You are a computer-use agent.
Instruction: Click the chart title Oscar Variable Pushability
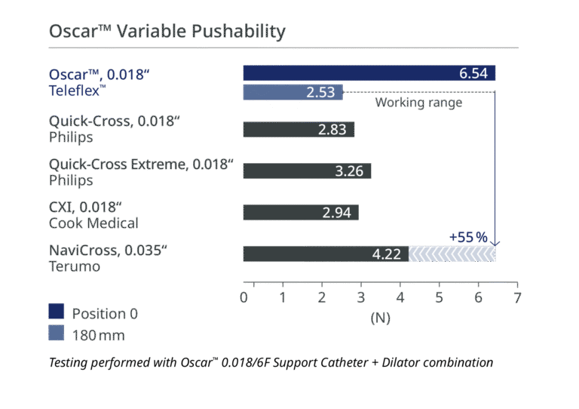point(167,32)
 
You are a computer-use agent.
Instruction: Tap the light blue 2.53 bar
point(293,92)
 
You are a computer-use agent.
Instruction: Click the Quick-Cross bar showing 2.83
point(298,129)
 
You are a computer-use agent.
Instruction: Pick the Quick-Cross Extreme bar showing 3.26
point(307,171)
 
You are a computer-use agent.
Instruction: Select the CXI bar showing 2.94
point(300,213)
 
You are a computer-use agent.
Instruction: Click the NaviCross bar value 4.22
point(387,254)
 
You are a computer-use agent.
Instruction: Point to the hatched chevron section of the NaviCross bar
point(452,254)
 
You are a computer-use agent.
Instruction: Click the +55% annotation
point(468,237)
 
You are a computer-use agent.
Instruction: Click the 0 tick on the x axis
point(244,297)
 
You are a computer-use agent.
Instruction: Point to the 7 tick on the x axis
point(517,297)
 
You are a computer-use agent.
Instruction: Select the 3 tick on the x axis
point(360,297)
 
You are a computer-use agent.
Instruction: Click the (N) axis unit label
point(381,318)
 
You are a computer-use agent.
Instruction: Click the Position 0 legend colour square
point(57,312)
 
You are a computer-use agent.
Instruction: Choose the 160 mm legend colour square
point(57,333)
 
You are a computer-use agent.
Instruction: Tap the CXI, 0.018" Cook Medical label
point(93,214)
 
